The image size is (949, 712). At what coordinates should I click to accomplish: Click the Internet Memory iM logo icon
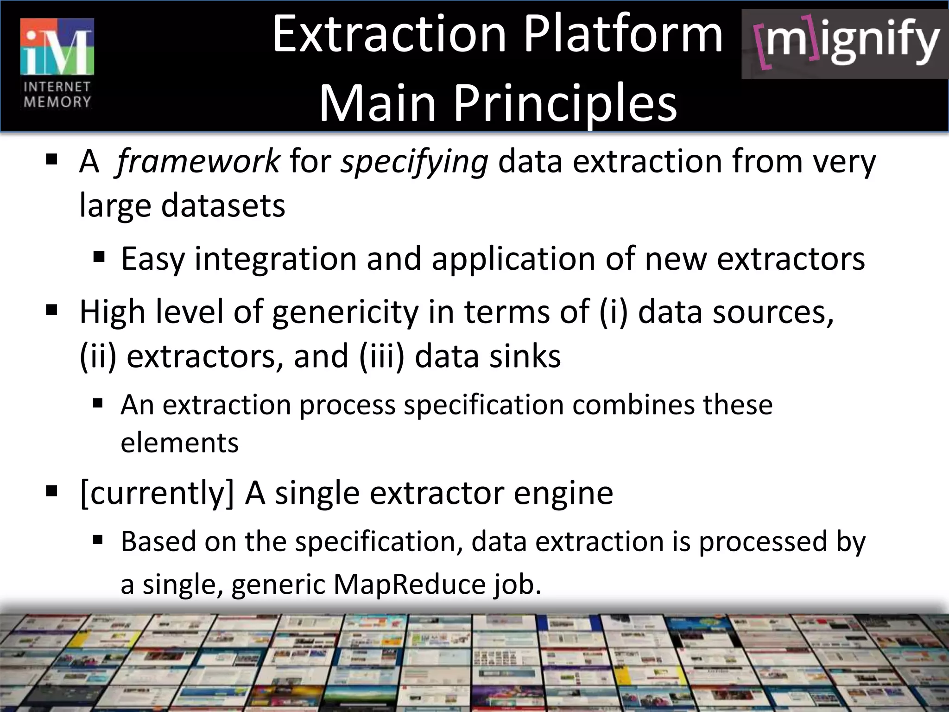(57, 46)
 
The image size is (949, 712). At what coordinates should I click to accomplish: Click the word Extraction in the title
(389, 34)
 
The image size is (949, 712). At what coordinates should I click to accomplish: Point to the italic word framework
(198, 162)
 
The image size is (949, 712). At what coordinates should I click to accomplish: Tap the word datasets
(223, 205)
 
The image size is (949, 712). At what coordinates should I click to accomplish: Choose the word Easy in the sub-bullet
(152, 259)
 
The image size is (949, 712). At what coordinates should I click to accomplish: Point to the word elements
(180, 443)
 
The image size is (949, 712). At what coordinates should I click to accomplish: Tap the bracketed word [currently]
(157, 493)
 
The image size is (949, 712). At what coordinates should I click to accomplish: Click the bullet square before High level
(51, 309)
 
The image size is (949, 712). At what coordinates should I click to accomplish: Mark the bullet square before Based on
(98, 539)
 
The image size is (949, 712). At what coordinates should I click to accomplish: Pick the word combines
(633, 405)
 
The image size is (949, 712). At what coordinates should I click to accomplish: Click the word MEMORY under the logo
(57, 102)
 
